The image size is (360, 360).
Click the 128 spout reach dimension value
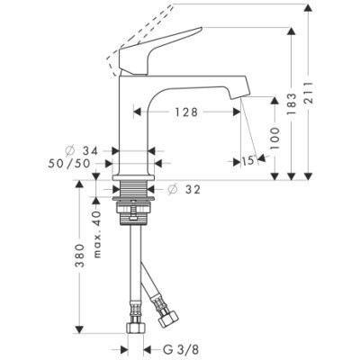pos(186,112)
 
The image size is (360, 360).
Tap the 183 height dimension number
pos(291,103)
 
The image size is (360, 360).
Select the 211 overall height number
pos(309,93)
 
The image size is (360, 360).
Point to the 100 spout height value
pos(274,139)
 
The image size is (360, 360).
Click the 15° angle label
pos(248,161)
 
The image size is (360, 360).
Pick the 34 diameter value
pos(90,151)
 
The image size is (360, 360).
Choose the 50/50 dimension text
pos(69,164)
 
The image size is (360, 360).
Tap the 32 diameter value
pos(193,190)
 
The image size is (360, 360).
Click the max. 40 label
pos(97,234)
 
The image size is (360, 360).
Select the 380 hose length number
pos(79,256)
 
